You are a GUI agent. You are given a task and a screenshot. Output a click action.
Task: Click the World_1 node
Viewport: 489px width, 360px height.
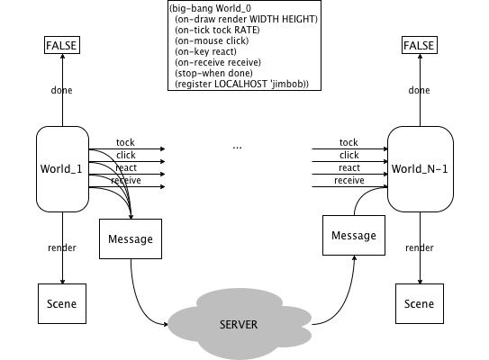(63, 169)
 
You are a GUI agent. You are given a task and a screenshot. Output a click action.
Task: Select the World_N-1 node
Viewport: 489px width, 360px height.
(420, 169)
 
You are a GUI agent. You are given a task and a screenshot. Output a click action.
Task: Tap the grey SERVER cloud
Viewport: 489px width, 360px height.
(240, 324)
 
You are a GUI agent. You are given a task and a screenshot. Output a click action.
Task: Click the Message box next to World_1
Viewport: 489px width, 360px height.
(131, 238)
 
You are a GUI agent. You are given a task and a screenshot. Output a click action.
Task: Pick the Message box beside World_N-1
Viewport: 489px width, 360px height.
(354, 235)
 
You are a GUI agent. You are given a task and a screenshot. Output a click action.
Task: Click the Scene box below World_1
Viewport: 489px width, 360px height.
(62, 303)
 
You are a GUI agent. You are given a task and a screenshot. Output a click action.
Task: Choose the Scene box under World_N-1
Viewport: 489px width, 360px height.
(420, 303)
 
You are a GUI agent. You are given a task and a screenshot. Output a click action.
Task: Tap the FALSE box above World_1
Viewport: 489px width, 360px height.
(62, 45)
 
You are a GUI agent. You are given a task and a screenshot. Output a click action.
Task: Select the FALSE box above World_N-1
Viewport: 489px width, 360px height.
(420, 45)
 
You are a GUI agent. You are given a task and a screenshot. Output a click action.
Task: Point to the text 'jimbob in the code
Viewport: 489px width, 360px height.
(290, 85)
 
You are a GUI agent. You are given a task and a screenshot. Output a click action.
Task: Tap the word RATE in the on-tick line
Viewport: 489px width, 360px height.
(247, 31)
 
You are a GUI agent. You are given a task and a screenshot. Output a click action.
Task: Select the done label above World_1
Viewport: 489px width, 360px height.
(62, 90)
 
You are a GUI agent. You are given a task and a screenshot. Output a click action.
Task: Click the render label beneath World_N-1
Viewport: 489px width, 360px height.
(420, 247)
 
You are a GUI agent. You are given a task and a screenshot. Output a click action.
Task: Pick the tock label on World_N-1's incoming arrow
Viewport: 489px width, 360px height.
(349, 142)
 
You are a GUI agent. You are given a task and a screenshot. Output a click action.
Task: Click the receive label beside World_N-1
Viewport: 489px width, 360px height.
(349, 180)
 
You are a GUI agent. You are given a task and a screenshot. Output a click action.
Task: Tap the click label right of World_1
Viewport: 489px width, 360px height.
(126, 155)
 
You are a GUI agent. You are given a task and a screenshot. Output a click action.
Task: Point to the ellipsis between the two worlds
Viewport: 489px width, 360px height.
(238, 148)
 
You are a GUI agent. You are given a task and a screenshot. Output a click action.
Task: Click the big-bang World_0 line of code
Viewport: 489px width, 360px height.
(211, 8)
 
